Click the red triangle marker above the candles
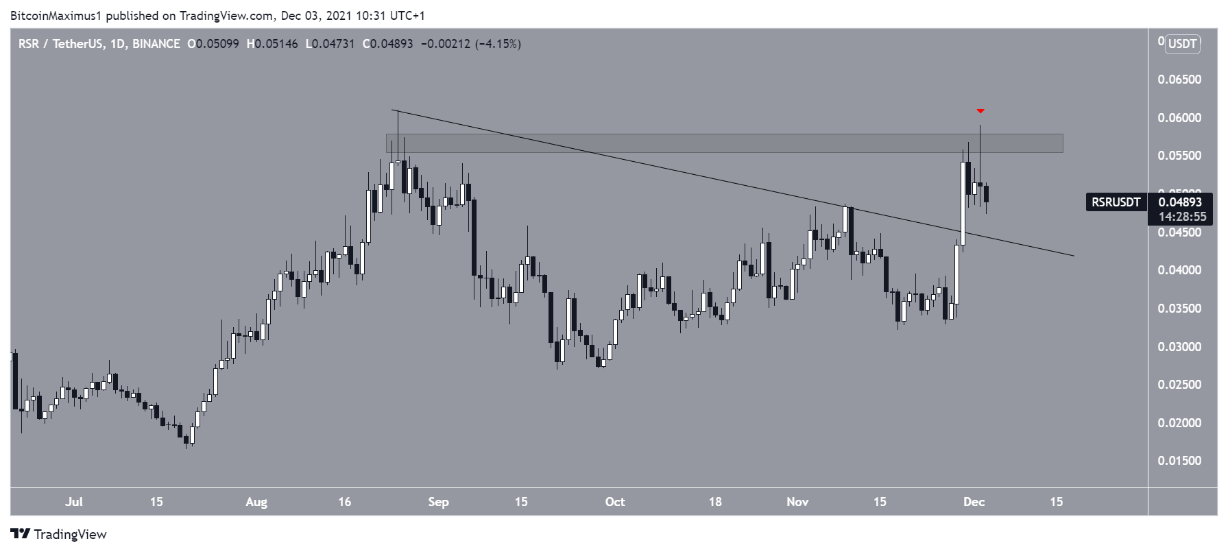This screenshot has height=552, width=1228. point(980,111)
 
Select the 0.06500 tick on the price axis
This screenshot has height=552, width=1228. point(1179,80)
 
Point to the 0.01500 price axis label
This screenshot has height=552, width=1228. point(1179,461)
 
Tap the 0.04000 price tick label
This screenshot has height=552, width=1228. point(1179,270)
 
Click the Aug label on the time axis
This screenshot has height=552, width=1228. point(256,502)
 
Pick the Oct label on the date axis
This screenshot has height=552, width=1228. point(615,502)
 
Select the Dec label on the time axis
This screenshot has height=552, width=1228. point(974,502)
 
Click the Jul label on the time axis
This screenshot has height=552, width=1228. point(74,502)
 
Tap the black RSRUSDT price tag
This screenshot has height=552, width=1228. point(1116,202)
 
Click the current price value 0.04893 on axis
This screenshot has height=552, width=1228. point(1180,202)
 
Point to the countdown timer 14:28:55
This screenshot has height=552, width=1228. point(1182,217)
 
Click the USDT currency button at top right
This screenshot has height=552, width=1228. point(1183,44)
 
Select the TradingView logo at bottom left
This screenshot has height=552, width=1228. point(59,534)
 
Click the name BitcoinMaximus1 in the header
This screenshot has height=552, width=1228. point(55,15)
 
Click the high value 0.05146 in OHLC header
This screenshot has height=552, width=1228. point(276,44)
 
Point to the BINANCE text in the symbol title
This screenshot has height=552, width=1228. point(156,44)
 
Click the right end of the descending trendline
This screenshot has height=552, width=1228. point(1072,255)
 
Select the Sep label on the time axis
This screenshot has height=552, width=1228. point(438,502)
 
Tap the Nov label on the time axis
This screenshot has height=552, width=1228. point(797,502)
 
